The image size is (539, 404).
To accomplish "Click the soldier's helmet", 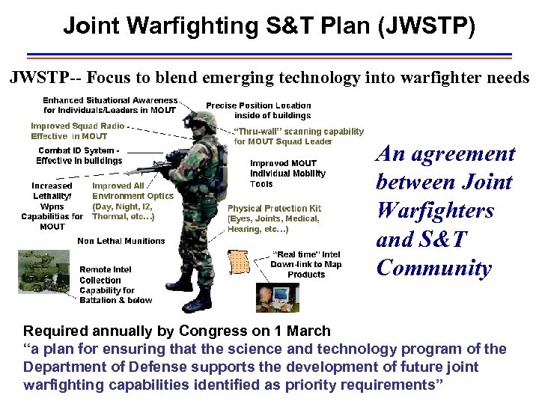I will click(200, 120).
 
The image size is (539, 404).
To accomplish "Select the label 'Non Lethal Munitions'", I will click(121, 241).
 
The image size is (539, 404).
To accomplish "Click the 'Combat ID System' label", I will click(80, 150).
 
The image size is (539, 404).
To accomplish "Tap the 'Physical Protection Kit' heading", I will click(273, 209).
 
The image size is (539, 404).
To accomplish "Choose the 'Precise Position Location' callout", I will click(258, 105).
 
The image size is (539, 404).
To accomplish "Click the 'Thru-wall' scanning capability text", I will click(299, 132).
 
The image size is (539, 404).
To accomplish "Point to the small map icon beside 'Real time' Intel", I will click(240, 263).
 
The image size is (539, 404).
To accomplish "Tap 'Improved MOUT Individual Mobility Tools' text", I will click(287, 174).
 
